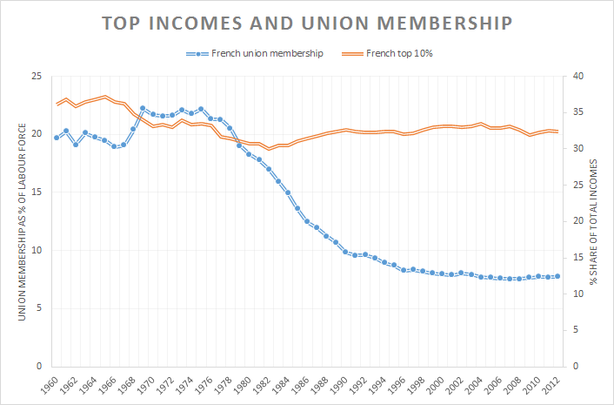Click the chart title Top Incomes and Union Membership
(x=306, y=23)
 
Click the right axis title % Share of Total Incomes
(x=596, y=221)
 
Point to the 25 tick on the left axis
(x=36, y=77)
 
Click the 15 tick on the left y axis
(x=36, y=192)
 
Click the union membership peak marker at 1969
(x=143, y=109)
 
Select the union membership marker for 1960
(x=57, y=138)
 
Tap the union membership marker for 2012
(x=557, y=276)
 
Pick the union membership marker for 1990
(x=345, y=252)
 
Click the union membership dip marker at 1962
(x=76, y=145)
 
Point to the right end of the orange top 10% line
(x=557, y=132)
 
